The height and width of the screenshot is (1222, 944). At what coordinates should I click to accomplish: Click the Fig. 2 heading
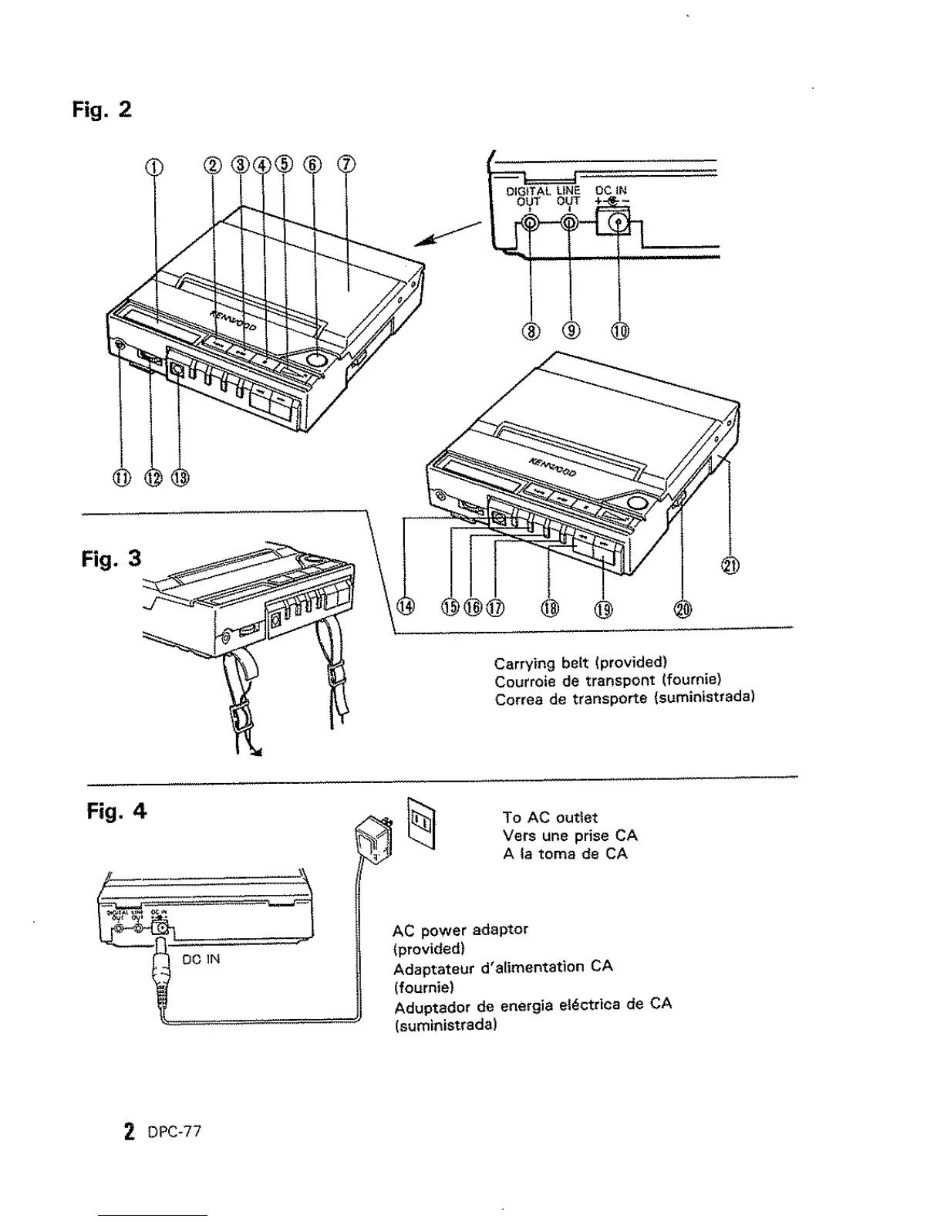102,110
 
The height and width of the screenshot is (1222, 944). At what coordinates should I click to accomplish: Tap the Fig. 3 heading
111,558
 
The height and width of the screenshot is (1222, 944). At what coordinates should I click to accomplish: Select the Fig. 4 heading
116,811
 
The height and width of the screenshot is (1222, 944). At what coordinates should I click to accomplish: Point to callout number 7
346,164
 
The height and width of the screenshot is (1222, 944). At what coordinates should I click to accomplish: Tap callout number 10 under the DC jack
620,332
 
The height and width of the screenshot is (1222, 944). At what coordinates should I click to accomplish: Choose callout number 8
531,332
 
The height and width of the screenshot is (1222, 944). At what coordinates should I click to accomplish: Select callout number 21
729,566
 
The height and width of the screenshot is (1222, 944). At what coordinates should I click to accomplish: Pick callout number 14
405,607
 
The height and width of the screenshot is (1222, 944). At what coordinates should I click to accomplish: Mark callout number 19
603,609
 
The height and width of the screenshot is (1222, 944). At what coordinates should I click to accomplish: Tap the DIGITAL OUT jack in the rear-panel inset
530,223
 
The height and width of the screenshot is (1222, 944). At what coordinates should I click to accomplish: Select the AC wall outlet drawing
422,822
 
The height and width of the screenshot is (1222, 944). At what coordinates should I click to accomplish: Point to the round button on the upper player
316,359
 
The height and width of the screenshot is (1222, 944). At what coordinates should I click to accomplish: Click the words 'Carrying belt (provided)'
580,662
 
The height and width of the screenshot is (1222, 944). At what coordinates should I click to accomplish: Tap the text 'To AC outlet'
550,817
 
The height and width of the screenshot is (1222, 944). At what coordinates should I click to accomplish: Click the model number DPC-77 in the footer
174,1132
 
